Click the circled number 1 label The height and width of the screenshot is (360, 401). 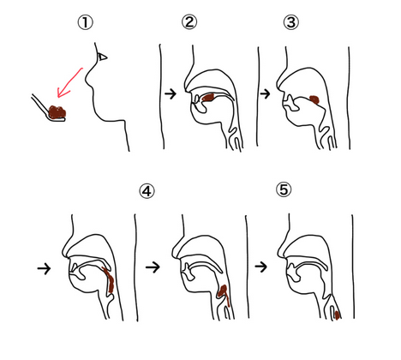86,22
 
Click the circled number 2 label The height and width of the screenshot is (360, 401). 189,21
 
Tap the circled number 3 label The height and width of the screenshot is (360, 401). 291,22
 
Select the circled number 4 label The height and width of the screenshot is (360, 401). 147,191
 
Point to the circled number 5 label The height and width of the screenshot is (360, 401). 284,189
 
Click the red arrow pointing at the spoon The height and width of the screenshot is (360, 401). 69,83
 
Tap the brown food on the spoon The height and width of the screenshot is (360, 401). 57,111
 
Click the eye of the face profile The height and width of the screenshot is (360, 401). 102,57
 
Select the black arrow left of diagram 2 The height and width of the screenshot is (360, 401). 171,93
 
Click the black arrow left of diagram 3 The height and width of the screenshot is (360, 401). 265,93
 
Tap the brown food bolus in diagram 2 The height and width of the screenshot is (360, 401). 208,98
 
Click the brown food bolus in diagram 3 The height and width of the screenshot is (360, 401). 314,99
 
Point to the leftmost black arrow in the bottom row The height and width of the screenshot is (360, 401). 44,268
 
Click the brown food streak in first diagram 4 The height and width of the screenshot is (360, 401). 109,280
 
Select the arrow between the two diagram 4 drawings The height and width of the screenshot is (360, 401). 153,267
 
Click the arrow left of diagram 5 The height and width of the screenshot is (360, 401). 261,267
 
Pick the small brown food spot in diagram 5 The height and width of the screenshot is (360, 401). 337,315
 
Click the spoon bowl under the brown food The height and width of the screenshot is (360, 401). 57,119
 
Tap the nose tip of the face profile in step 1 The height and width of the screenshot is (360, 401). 86,81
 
